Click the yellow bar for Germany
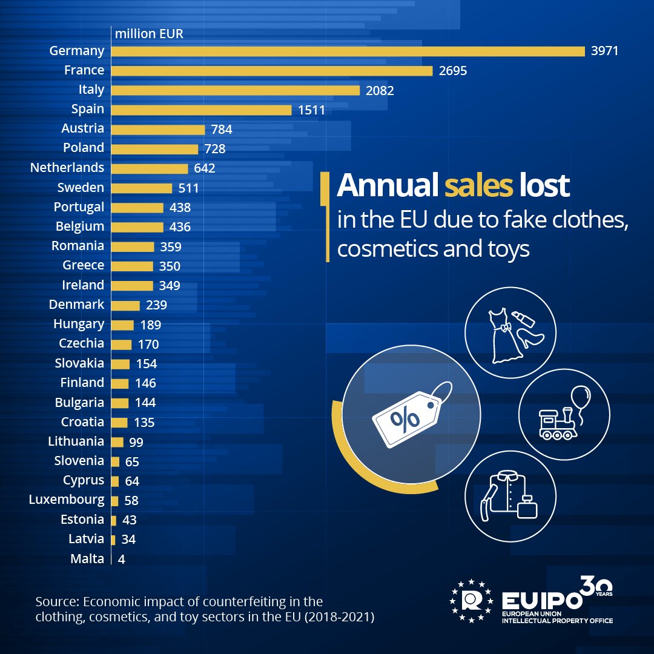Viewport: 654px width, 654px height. click(x=348, y=51)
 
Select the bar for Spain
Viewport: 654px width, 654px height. click(x=201, y=110)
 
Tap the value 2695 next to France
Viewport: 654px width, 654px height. click(x=453, y=71)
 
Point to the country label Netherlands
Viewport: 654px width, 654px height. click(x=67, y=168)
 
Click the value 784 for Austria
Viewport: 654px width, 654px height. click(x=222, y=130)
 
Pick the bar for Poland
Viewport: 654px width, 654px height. click(x=154, y=149)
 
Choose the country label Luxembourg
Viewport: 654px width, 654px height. click(x=67, y=500)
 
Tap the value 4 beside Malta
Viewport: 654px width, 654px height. click(x=121, y=560)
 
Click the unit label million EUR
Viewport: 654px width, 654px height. click(x=149, y=33)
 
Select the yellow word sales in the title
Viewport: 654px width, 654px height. click(x=478, y=186)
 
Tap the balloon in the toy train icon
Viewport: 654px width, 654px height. click(x=580, y=397)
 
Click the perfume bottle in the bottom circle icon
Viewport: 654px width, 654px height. click(x=527, y=506)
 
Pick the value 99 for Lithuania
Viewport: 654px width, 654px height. click(x=136, y=443)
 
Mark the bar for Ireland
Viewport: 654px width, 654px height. click(x=132, y=286)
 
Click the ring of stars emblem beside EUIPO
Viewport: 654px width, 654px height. click(x=471, y=601)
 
